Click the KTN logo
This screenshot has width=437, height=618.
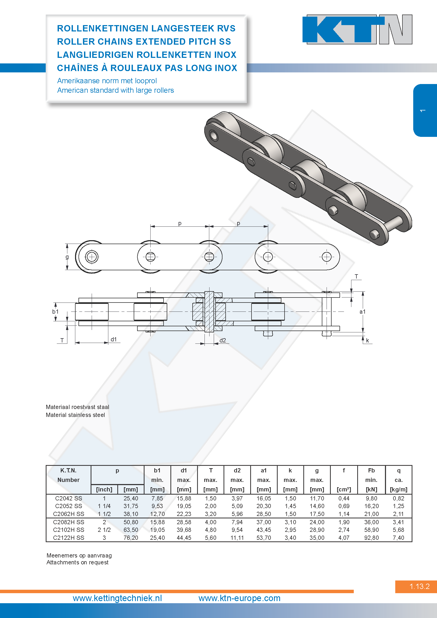click(x=357, y=29)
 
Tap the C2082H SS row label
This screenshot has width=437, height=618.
click(x=69, y=522)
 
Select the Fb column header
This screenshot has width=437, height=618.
click(x=371, y=471)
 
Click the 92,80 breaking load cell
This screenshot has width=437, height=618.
click(x=371, y=538)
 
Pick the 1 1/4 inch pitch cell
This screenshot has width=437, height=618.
click(x=104, y=506)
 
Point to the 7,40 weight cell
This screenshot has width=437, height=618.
click(x=398, y=538)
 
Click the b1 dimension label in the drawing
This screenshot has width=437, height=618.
click(x=55, y=312)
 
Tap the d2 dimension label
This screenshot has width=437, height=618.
click(x=222, y=341)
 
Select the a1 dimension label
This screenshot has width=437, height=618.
click(x=362, y=312)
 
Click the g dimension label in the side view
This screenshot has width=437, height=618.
click(x=67, y=257)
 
